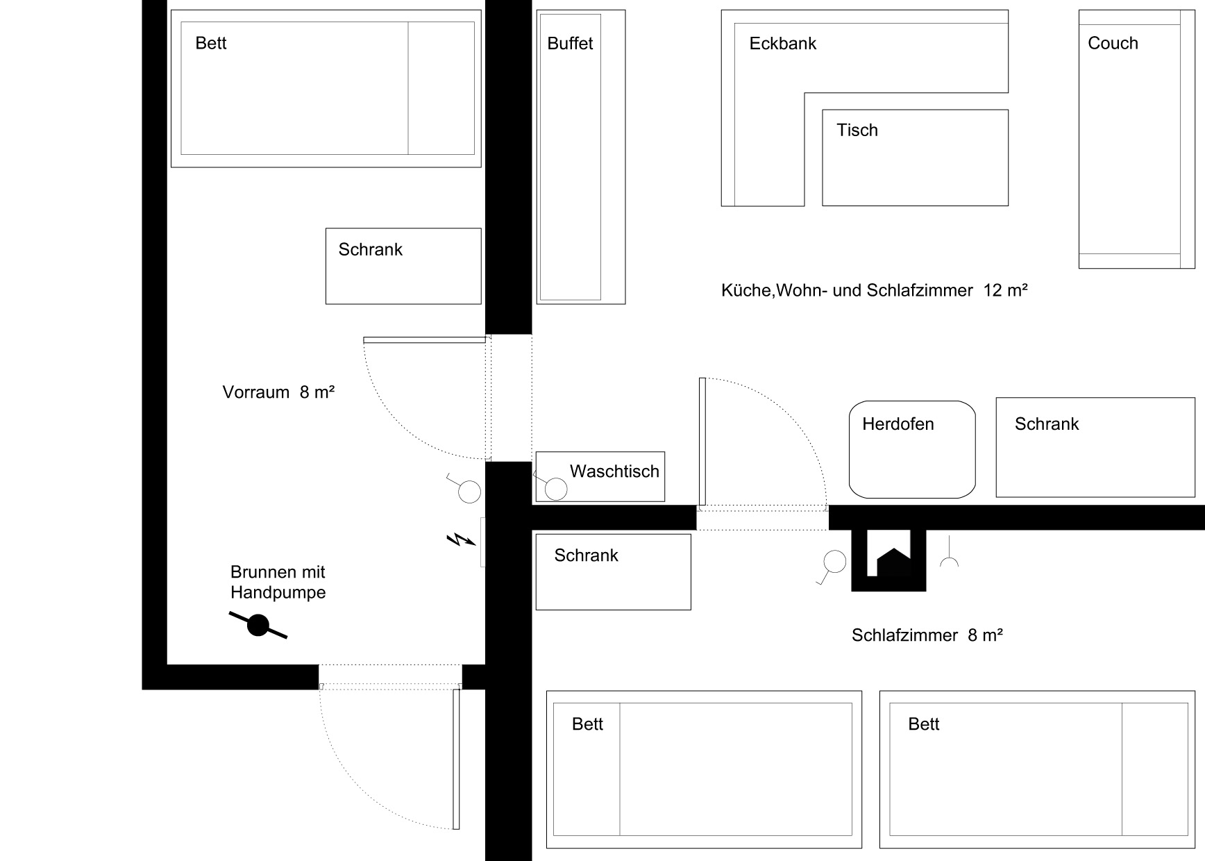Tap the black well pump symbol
pos(258,626)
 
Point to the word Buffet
pos(570,43)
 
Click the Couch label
pos(1113,43)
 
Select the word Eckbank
pos(782,43)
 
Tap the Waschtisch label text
pos(614,471)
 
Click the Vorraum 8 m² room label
pos(278,392)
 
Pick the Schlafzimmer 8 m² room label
pos(927,635)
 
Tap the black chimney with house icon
pos(888,560)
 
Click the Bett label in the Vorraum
pos(211,43)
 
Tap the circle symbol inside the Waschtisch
pos(556,489)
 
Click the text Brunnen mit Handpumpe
pos(278,582)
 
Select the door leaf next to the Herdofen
pos(702,442)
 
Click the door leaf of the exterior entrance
pos(456,758)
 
